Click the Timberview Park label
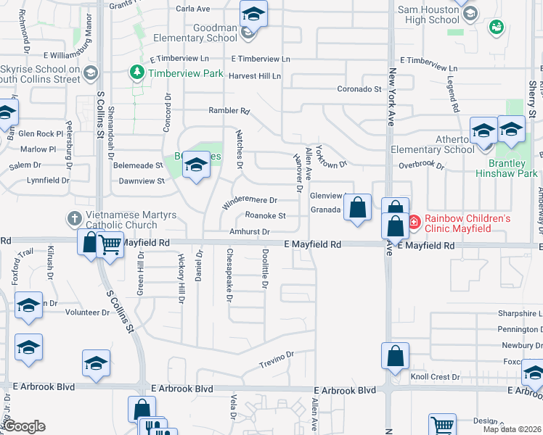click(185, 73)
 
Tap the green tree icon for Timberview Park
click(136, 72)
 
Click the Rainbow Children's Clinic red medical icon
click(414, 223)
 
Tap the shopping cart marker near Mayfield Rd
click(110, 247)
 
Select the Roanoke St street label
click(266, 215)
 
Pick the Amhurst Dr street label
click(250, 232)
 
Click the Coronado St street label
click(359, 89)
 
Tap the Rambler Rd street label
click(229, 112)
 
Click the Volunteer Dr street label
click(87, 312)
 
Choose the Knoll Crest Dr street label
click(436, 378)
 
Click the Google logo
click(24, 426)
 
